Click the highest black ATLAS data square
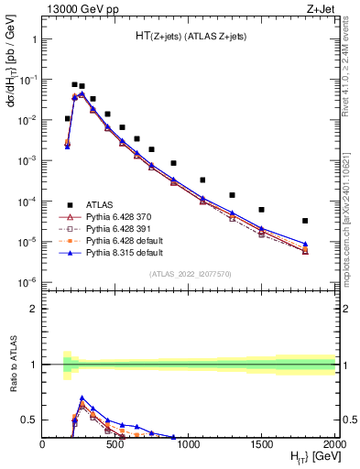pyautogui.click(x=74, y=84)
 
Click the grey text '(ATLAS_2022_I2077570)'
pyautogui.click(x=189, y=274)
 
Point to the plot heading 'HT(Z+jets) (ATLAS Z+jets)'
pyautogui.click(x=189, y=35)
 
